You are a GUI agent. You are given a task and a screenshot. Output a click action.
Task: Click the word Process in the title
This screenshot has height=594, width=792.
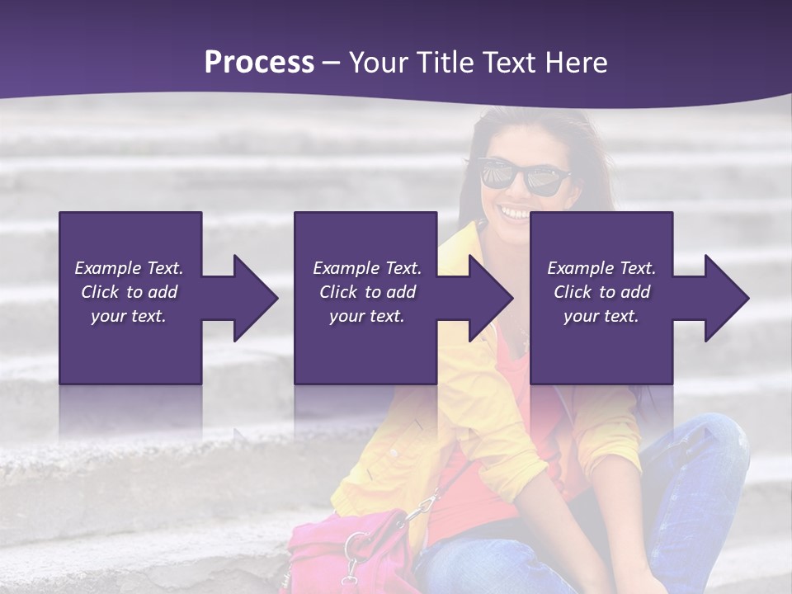click(x=259, y=63)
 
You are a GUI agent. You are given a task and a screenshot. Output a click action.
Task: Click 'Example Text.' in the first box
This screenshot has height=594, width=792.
click(x=129, y=268)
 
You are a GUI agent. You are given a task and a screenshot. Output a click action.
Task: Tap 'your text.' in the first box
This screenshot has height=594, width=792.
click(x=129, y=316)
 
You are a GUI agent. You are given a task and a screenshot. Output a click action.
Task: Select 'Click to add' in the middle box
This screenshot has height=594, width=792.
click(x=367, y=292)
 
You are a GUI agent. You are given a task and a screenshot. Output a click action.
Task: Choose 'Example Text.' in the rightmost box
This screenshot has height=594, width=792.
click(x=601, y=268)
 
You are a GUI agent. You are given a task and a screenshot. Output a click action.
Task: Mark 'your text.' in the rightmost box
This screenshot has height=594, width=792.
click(x=601, y=316)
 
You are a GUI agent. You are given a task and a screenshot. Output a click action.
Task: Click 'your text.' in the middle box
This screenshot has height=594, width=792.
click(x=367, y=316)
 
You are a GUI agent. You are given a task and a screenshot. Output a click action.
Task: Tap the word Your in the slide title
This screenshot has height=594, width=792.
click(x=379, y=63)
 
